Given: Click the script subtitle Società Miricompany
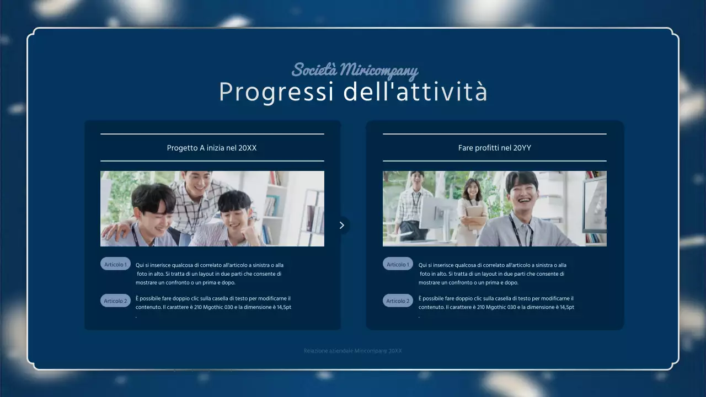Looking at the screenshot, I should tap(355, 71).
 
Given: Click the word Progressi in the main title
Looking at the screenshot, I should tap(276, 93).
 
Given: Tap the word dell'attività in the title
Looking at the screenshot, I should tap(415, 93).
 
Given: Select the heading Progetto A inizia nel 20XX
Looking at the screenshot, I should tap(212, 148).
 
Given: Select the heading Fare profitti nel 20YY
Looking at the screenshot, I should tap(494, 148).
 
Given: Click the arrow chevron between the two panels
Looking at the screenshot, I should tap(342, 225).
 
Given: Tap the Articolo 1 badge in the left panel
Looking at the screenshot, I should tap(115, 264).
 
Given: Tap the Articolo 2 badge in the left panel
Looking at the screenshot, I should tap(115, 301).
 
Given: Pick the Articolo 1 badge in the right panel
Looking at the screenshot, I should tap(398, 264).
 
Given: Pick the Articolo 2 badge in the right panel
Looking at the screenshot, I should tap(398, 301).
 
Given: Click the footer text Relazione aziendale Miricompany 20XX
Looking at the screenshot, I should tap(352, 351).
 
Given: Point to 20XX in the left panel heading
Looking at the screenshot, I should tap(248, 148).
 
